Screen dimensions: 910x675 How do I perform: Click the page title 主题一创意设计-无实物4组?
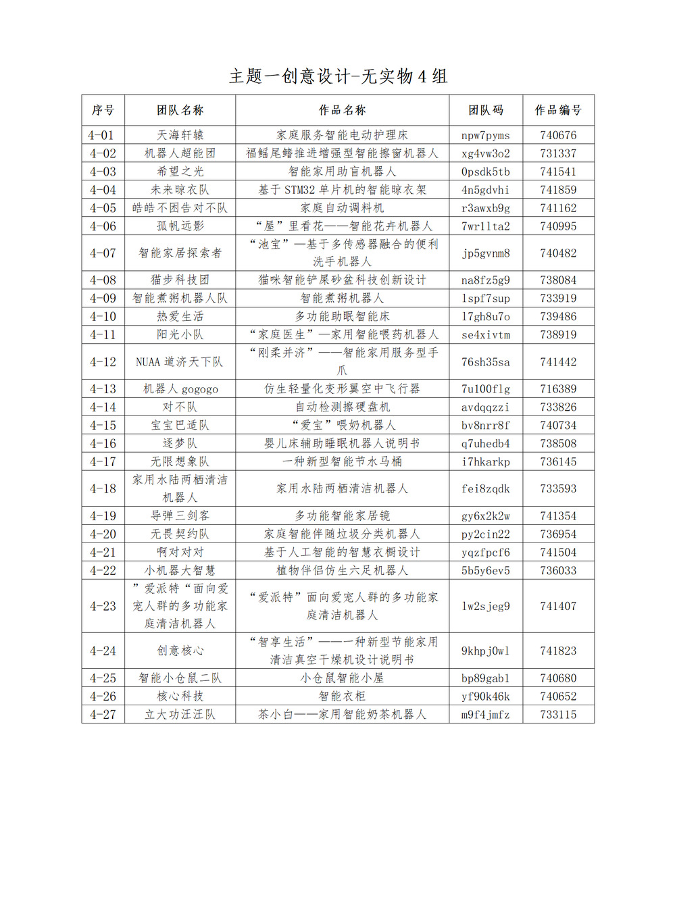pos(338,76)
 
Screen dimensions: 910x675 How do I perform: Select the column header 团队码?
pos(485,110)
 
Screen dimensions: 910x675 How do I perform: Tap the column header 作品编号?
pos(558,110)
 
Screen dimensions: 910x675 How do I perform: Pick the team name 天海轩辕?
pos(180,135)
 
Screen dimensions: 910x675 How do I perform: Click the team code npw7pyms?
pos(485,135)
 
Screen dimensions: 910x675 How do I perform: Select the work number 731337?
pos(558,153)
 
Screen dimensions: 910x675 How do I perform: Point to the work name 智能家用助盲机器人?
pos(342,172)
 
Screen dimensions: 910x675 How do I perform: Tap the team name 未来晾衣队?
pos(180,190)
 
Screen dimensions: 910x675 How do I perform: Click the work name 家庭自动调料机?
pos(342,208)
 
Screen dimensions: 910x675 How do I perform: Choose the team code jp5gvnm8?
pos(485,253)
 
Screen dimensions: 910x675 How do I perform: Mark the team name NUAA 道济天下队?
pos(180,362)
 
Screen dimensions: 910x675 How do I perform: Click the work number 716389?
pos(558,389)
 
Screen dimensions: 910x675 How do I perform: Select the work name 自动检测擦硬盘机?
pos(342,407)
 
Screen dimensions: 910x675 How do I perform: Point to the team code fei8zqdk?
pos(485,488)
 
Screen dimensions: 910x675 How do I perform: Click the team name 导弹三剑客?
pos(180,516)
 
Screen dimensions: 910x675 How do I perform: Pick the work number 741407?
pos(558,606)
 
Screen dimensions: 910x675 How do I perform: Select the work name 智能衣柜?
pos(342,697)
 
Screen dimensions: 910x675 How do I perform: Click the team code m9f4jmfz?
pos(485,715)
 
